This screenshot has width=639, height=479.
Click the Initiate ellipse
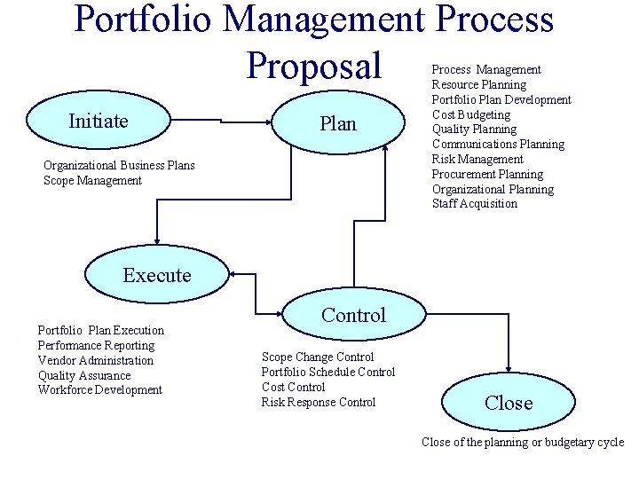pos(99,122)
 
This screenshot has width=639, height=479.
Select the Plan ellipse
pos(337,124)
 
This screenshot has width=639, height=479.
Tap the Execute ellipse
pos(157,275)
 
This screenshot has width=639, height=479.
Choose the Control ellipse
pos(353,315)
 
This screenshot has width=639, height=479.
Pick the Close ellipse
pos(509,403)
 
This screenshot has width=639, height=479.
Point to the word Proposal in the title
pos(315,65)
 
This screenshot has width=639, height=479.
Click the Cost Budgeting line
pos(471,114)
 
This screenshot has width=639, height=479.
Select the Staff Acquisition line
pos(474,204)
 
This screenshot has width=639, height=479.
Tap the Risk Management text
pos(477,160)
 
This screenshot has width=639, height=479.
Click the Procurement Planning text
pos(487,175)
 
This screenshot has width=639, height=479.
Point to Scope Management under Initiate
pos(92,180)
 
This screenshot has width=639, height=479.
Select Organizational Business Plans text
pos(119,165)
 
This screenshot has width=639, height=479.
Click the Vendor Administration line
pos(96,360)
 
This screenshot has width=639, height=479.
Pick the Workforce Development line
pos(100,390)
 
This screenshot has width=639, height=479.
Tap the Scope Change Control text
pos(318,357)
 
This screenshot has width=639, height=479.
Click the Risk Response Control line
pos(319,403)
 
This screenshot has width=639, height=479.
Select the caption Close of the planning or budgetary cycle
pos(523,442)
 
